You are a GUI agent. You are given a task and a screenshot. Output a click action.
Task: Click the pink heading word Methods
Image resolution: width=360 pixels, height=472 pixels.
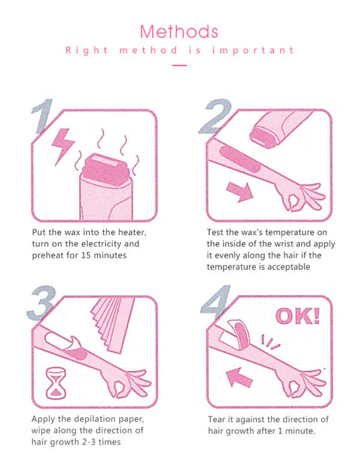coord(179,31)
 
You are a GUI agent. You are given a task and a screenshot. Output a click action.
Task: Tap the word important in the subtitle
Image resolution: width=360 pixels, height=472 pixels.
coord(253,50)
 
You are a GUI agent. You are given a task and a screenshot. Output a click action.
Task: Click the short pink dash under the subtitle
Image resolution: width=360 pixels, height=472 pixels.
coord(180,65)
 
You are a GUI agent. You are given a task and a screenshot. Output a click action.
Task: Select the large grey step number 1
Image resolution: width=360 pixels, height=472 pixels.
coord(42,116)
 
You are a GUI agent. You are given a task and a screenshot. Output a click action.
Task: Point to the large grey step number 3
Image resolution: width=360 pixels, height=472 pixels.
coord(41,303)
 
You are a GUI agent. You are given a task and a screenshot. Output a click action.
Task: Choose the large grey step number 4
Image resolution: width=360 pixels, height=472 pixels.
coord(215,302)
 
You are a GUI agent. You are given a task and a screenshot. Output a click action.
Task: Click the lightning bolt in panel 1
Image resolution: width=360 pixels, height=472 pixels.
coord(63,147)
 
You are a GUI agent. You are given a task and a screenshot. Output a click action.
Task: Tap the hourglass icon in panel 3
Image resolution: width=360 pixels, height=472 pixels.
coord(56,384)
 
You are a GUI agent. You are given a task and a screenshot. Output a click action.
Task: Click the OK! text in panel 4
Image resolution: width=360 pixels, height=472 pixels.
coord(298,316)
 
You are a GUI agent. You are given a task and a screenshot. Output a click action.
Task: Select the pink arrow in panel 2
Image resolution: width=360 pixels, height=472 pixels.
coord(240,192)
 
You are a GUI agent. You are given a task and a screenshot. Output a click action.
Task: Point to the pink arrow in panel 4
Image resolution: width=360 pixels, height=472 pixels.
coord(239,377)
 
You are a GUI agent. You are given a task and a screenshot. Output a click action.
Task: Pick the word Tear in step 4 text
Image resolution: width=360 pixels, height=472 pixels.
coord(216,419)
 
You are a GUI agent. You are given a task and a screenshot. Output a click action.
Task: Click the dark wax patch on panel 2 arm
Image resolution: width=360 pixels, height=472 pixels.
coord(240,159)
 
